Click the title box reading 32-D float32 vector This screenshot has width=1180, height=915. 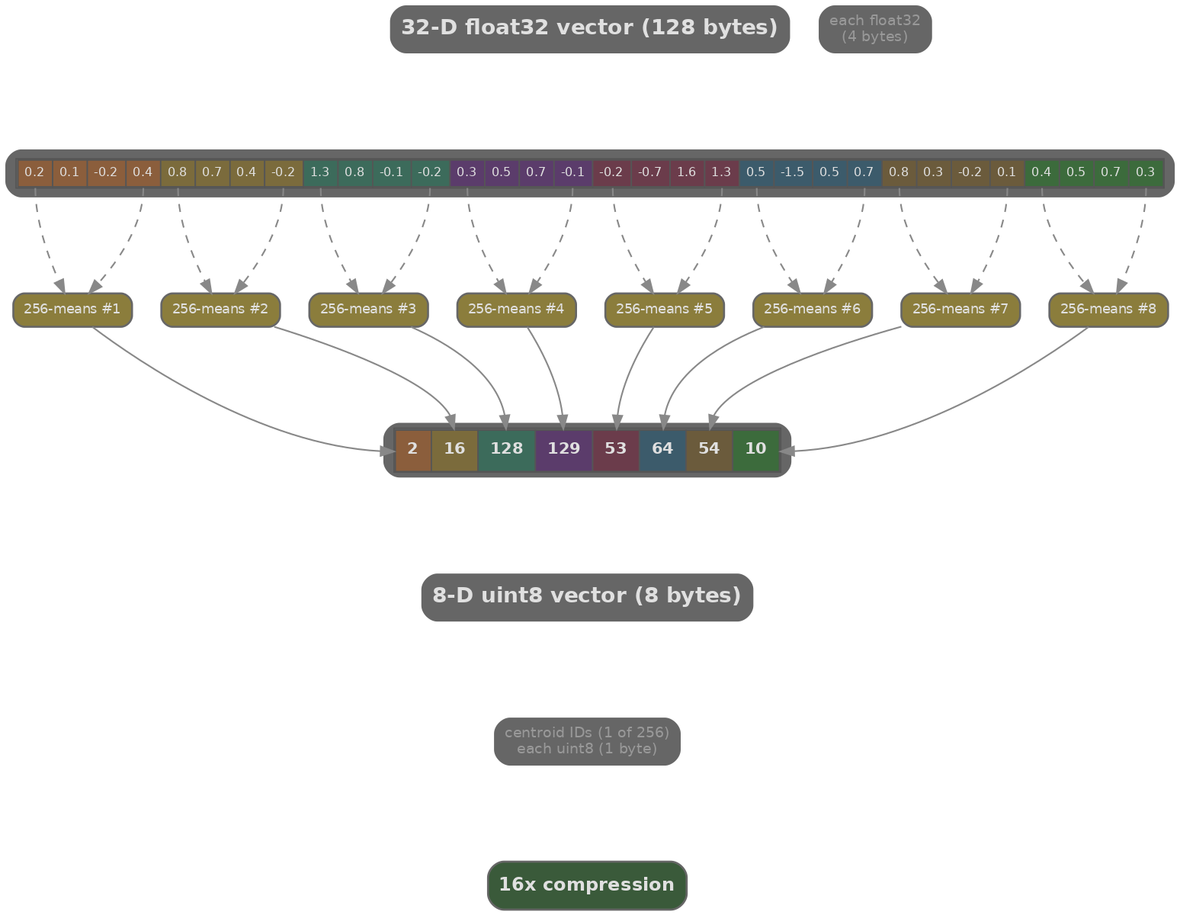(589, 29)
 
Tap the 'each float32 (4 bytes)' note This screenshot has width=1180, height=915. (874, 29)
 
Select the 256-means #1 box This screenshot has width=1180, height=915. (72, 310)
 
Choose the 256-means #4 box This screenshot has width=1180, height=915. (516, 310)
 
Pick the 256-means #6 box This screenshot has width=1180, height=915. (812, 310)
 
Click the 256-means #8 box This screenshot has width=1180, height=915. (1108, 310)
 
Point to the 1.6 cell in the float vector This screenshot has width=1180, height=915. (686, 172)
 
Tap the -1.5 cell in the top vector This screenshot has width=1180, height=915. (792, 172)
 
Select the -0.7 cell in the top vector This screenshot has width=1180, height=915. (649, 172)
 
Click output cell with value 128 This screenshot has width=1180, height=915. (506, 449)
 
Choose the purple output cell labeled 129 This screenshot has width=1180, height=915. (564, 449)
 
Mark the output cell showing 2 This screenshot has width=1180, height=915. (412, 449)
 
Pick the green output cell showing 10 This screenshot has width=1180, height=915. (755, 449)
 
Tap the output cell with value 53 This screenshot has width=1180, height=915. (615, 449)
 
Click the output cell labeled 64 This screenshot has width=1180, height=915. (662, 449)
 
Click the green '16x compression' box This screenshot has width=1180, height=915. (587, 885)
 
